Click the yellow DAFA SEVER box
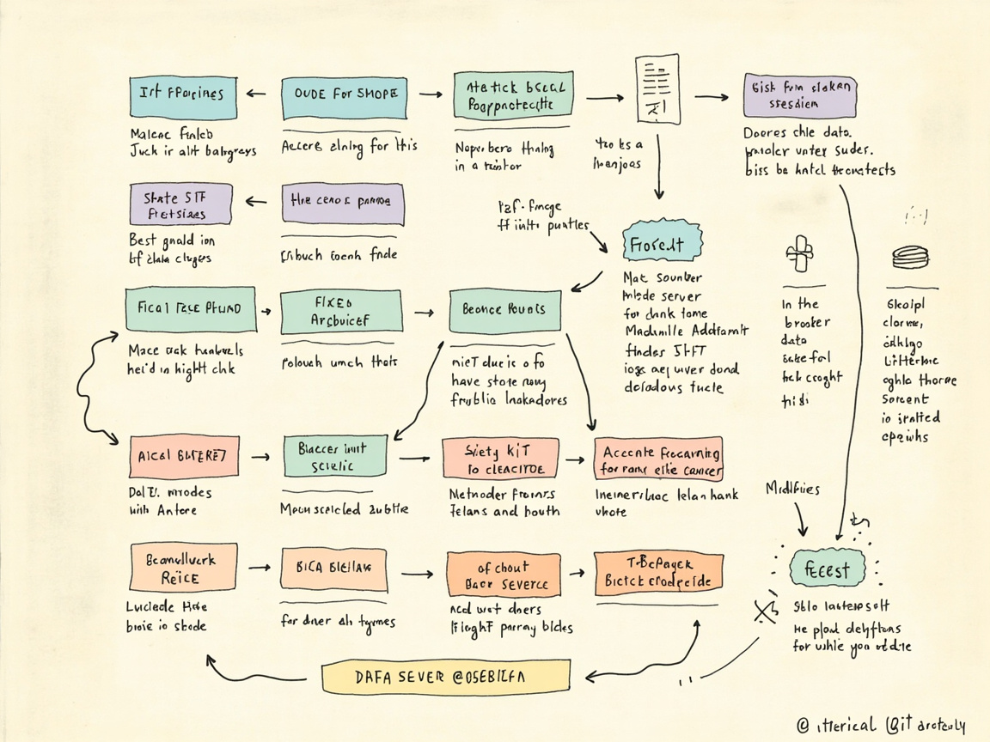coord(445,677)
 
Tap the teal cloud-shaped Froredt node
coord(656,244)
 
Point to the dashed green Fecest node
coord(826,569)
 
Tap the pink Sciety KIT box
coord(499,459)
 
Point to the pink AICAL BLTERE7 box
coord(182,457)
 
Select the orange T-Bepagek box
coord(657,573)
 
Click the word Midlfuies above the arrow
coord(791,489)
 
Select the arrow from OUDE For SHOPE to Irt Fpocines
coord(256,94)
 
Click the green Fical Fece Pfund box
coord(190,309)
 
